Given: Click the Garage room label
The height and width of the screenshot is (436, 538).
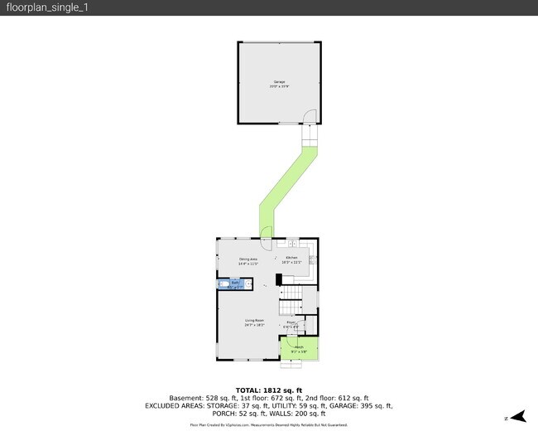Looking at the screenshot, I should coord(280,83).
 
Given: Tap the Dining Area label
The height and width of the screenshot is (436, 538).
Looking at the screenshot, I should coord(248,261).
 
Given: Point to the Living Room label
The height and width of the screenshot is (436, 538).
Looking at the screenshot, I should coord(254,322).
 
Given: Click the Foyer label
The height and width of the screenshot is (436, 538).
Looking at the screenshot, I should coord(291,324).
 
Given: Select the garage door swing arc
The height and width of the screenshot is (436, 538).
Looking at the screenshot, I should coord(309,118).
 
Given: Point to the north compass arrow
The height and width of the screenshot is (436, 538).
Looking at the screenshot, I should coord(517,417).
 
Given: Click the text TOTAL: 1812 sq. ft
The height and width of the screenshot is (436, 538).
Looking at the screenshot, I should coord(269,390).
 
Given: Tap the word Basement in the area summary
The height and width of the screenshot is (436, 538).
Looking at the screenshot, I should coord(186,399).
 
